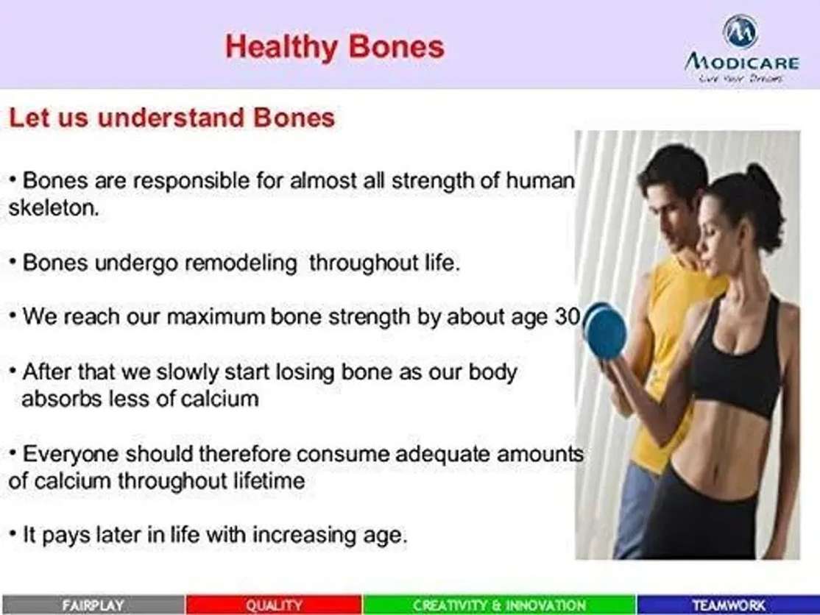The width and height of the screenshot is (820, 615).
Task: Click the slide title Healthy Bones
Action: [335, 47]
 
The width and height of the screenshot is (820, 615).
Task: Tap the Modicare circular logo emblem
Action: [740, 32]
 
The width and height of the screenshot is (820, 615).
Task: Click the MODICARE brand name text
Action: [742, 63]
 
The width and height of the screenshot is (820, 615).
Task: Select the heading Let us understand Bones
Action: [172, 118]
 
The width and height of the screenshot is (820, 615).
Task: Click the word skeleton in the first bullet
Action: [54, 208]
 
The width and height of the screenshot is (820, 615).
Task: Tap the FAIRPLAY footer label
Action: [93, 605]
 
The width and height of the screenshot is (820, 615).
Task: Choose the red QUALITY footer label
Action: [274, 605]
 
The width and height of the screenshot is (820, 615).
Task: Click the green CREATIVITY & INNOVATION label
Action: [499, 605]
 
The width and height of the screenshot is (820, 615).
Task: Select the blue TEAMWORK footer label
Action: [729, 605]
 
